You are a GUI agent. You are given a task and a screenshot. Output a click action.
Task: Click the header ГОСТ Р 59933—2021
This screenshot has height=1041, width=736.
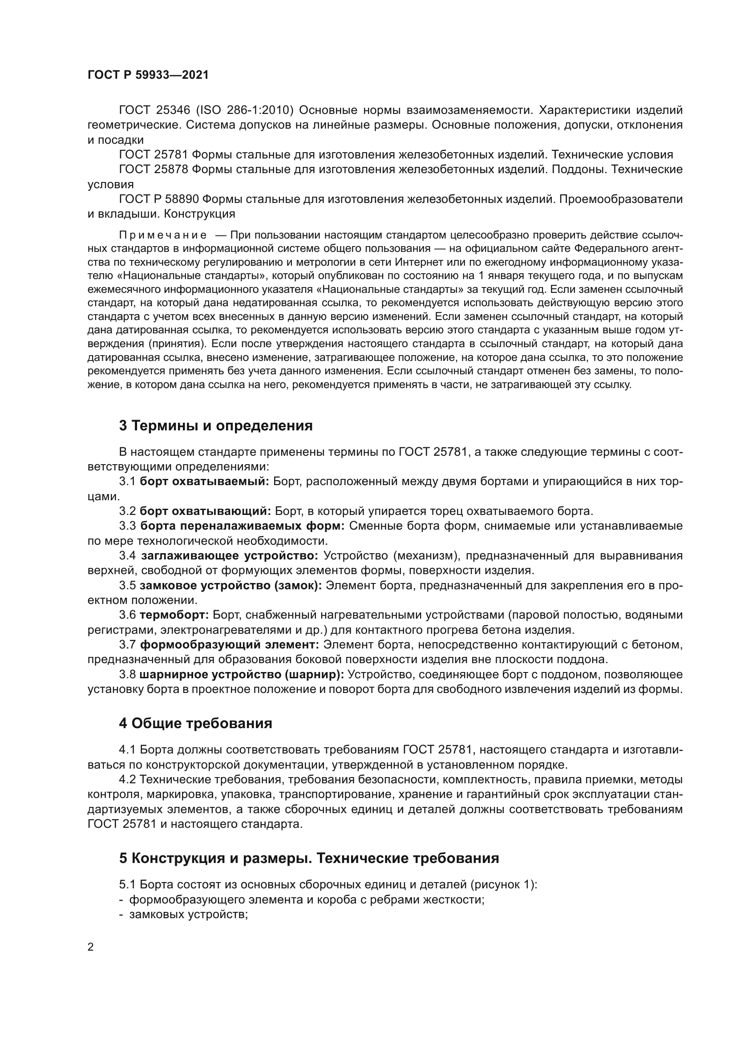pyautogui.click(x=148, y=75)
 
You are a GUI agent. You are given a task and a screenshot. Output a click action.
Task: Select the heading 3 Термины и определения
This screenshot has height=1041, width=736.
pyautogui.click(x=216, y=426)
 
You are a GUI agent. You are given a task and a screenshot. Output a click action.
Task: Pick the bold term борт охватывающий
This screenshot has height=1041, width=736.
pyautogui.click(x=205, y=511)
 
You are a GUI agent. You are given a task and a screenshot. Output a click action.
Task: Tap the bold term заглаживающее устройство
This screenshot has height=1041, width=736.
pyautogui.click(x=229, y=555)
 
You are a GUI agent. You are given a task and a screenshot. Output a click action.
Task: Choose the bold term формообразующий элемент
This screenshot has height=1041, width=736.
pyautogui.click(x=229, y=645)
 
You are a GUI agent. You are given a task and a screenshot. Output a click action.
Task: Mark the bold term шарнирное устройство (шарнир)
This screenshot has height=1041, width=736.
pyautogui.click(x=242, y=675)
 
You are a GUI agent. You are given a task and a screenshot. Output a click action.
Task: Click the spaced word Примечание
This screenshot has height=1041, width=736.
pyautogui.click(x=163, y=235)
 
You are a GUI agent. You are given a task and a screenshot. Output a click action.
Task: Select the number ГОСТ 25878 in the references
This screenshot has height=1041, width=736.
pyautogui.click(x=153, y=170)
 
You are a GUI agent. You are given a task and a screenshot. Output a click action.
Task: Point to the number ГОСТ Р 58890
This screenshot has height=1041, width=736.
pyautogui.click(x=158, y=199)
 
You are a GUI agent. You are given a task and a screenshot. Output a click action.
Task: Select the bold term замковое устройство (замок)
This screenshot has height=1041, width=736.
pyautogui.click(x=231, y=585)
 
